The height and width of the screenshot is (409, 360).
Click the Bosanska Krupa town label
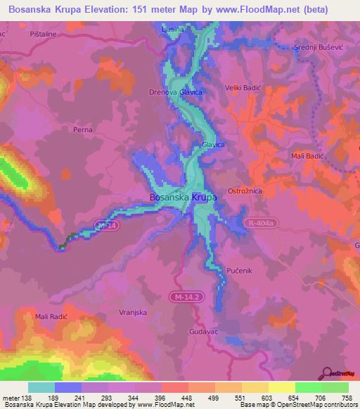pos(183,198)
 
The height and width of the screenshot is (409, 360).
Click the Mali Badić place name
pos(307,156)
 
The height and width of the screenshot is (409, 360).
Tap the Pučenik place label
pos(240,270)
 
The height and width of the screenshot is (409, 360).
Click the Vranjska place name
pos(132,311)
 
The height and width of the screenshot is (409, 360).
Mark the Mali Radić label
pos(51,317)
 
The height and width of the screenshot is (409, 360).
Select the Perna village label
pos(83,130)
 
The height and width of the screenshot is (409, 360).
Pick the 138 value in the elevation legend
pos(27,397)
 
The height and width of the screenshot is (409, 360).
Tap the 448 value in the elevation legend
pos(186,397)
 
